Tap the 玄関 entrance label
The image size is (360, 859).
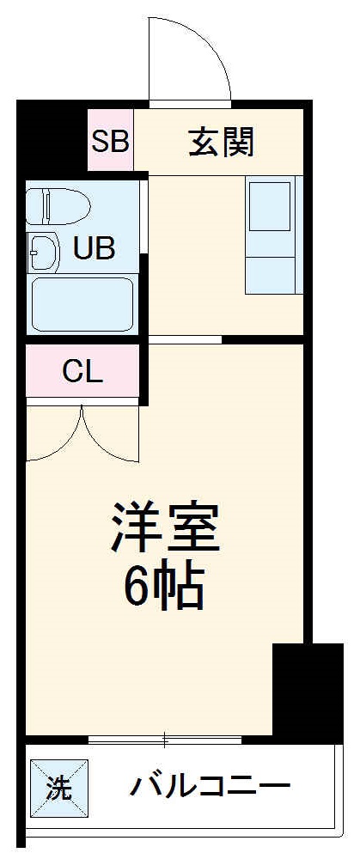click(x=222, y=143)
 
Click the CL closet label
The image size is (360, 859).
click(x=82, y=372)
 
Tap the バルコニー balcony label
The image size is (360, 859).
click(x=211, y=784)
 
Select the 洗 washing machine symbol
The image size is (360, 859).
click(x=58, y=787)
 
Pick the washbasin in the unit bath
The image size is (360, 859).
click(x=43, y=251)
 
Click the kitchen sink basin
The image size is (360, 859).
click(x=270, y=206)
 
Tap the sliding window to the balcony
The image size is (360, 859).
click(x=163, y=739)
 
